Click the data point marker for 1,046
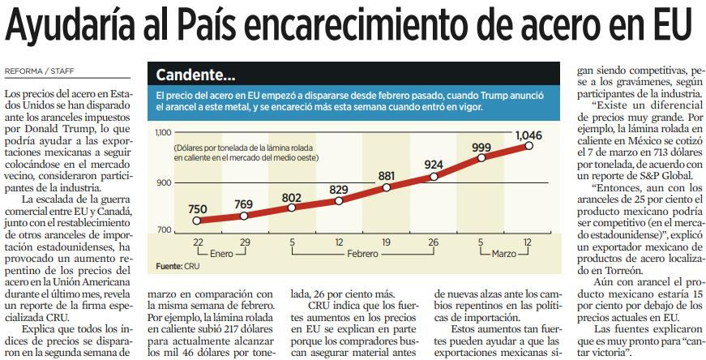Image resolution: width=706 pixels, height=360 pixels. pyautogui.click(x=528, y=145)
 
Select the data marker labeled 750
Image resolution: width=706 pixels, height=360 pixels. pyautogui.click(x=196, y=221)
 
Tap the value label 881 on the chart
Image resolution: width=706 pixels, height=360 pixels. pyautogui.click(x=387, y=175)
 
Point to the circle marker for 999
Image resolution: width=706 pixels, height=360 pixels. pyautogui.click(x=481, y=157)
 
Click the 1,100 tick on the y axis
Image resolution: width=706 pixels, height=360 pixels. pyautogui.click(x=163, y=132)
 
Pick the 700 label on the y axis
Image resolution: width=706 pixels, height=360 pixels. pyautogui.click(x=164, y=229)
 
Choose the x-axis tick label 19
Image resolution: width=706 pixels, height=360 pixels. pyautogui.click(x=386, y=243)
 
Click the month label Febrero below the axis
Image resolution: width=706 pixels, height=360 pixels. pyautogui.click(x=362, y=254)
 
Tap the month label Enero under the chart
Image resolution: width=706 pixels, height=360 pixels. pyautogui.click(x=222, y=254)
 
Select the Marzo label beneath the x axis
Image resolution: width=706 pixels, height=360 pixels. pyautogui.click(x=504, y=254)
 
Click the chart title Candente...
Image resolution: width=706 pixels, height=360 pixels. pyautogui.click(x=195, y=75)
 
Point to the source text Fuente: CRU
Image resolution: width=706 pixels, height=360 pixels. pyautogui.click(x=178, y=266)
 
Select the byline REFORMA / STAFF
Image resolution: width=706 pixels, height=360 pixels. pyautogui.click(x=39, y=71)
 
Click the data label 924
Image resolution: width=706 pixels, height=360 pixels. pyautogui.click(x=434, y=165)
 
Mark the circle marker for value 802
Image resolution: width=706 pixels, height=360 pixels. pyautogui.click(x=291, y=208)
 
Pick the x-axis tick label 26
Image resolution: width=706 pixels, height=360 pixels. pyautogui.click(x=433, y=243)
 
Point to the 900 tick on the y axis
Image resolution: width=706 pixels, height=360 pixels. pyautogui.click(x=164, y=183)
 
